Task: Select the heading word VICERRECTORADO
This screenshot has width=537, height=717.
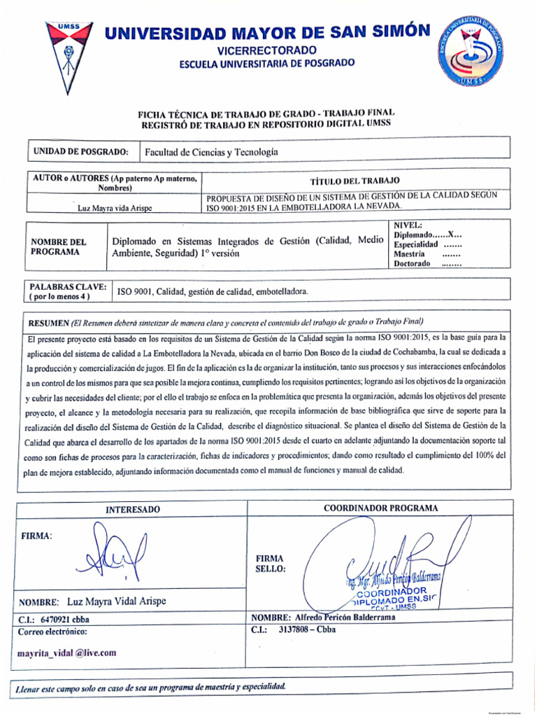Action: click(267, 50)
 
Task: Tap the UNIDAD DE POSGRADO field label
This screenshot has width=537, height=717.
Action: click(81, 152)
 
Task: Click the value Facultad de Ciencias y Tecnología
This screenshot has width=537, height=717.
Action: click(211, 152)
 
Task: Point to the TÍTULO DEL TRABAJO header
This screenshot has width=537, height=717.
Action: click(355, 181)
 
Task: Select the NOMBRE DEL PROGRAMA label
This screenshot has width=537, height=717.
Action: click(59, 246)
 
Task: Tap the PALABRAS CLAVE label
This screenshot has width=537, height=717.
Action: click(67, 291)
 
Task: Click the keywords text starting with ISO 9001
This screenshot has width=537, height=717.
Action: click(213, 291)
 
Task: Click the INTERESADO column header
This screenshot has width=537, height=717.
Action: click(133, 509)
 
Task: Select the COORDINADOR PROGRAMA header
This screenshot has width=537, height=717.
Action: click(381, 508)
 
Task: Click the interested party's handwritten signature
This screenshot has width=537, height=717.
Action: click(112, 552)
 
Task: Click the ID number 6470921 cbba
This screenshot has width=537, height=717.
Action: click(55, 619)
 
